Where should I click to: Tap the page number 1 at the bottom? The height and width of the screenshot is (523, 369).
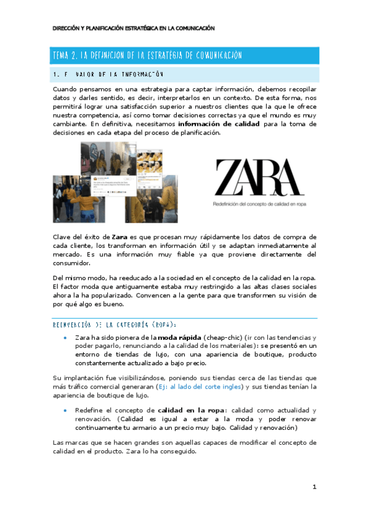(314, 487)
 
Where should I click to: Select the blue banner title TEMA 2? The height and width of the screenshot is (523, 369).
(146, 56)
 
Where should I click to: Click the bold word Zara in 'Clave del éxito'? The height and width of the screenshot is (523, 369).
(120, 237)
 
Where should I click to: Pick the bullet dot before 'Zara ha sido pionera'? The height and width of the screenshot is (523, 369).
(65, 338)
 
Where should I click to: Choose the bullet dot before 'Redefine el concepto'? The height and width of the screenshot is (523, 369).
(65, 411)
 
